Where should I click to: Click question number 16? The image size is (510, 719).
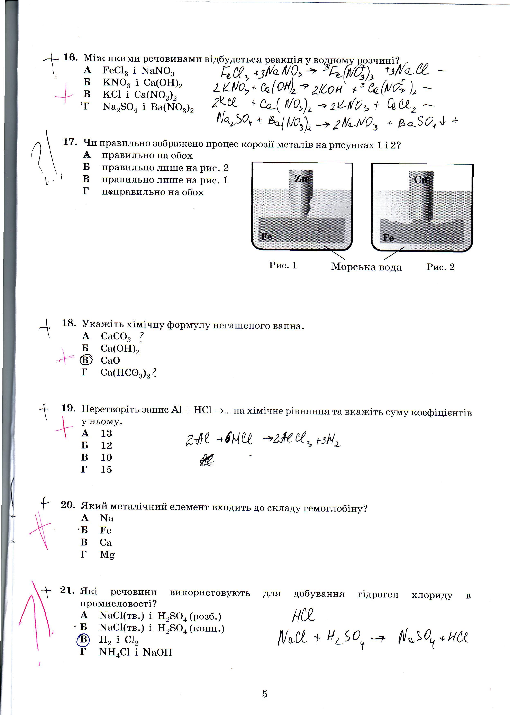[x=70, y=57]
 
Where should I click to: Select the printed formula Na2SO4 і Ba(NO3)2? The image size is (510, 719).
[x=148, y=107]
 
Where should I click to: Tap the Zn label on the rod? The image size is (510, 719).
[x=301, y=179]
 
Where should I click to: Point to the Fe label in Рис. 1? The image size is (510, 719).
[x=267, y=236]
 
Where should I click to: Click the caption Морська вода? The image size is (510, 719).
[x=366, y=267]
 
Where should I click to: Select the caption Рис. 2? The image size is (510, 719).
[x=440, y=267]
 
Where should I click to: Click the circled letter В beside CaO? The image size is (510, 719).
[x=86, y=360]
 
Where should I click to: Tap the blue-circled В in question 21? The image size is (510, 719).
[x=83, y=639]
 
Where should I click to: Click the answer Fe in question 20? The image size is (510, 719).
[x=106, y=530]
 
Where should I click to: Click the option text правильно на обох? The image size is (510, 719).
[x=147, y=156]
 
